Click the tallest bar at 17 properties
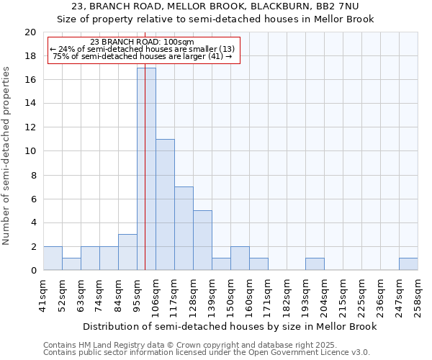tap(146, 169)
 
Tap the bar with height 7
tap(184, 228)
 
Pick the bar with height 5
tap(202, 240)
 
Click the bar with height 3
tap(127, 252)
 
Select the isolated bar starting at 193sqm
tap(315, 264)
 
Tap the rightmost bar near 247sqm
tap(408, 264)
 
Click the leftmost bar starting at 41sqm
tap(53, 258)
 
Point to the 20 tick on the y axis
tap(30, 32)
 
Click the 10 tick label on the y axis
tap(30, 151)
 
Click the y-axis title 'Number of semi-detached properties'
tap(6, 156)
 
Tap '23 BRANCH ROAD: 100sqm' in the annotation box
tap(142, 42)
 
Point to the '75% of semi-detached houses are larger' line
tap(142, 56)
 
